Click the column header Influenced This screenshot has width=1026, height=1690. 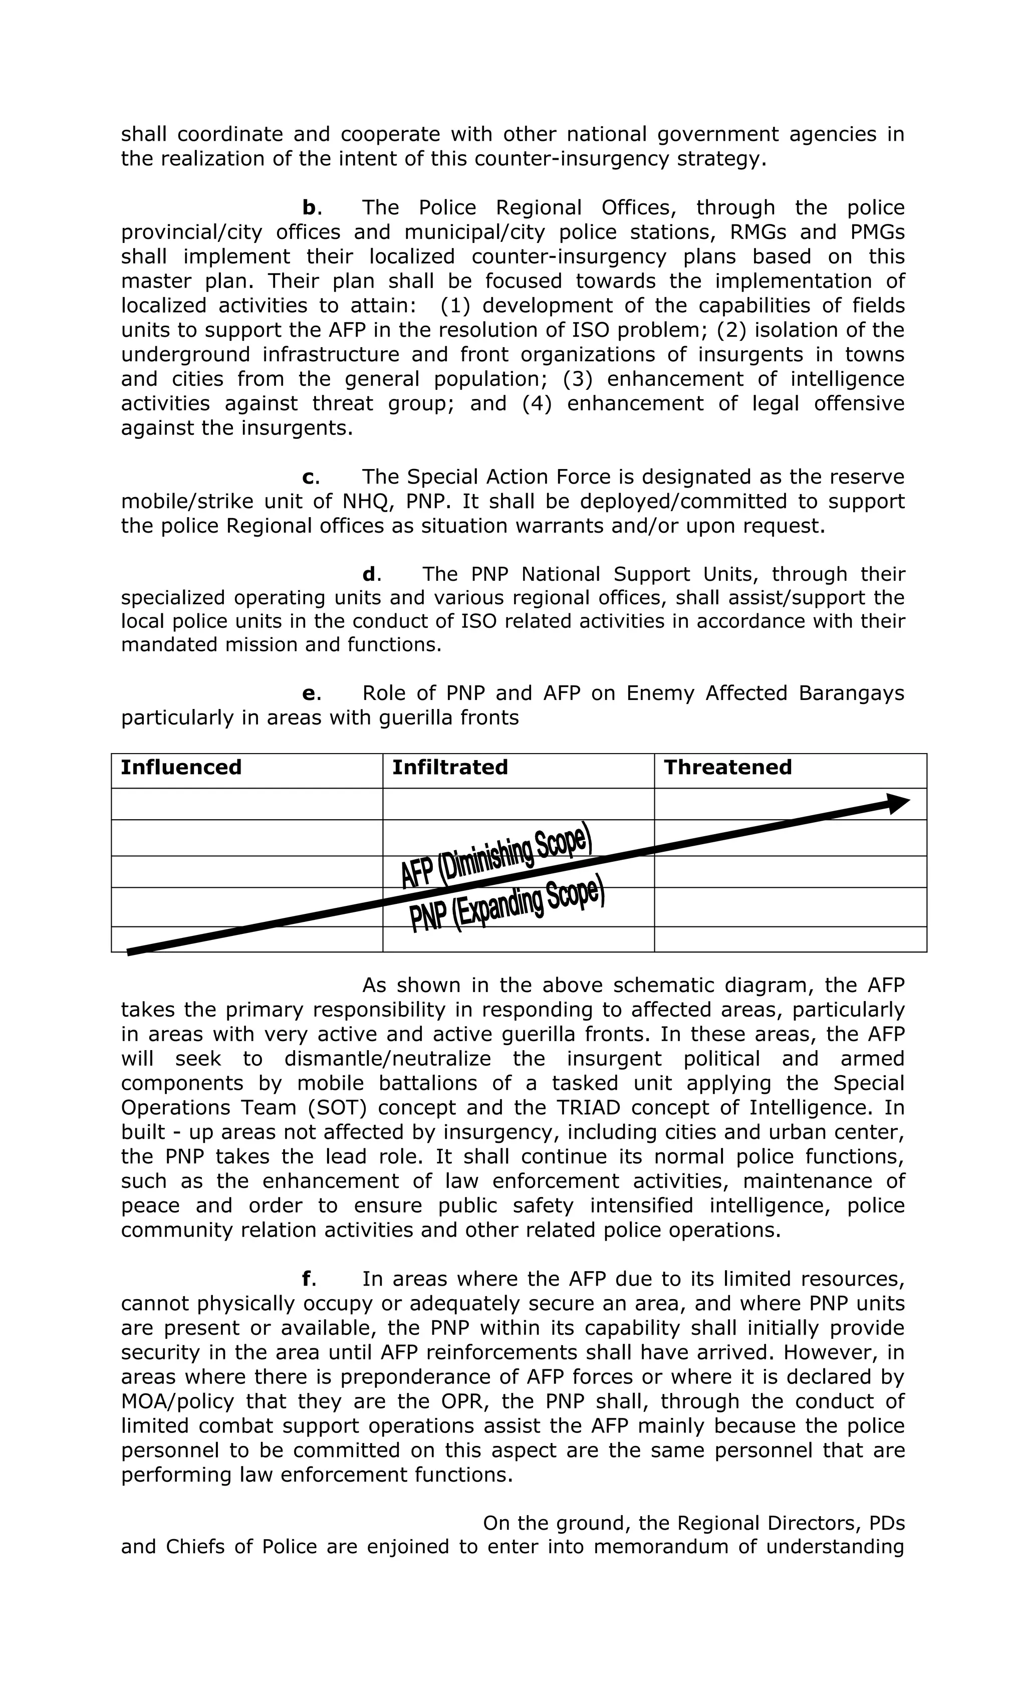click(181, 767)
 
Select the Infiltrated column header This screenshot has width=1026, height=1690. click(449, 767)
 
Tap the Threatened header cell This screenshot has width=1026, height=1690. click(727, 767)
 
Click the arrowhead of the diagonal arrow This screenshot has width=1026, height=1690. click(898, 803)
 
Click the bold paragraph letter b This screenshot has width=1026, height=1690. click(309, 207)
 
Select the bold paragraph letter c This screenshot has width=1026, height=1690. click(309, 476)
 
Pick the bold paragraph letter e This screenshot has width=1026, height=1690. click(309, 693)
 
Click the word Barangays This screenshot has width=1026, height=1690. click(851, 693)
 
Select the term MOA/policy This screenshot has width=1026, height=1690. click(178, 1401)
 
